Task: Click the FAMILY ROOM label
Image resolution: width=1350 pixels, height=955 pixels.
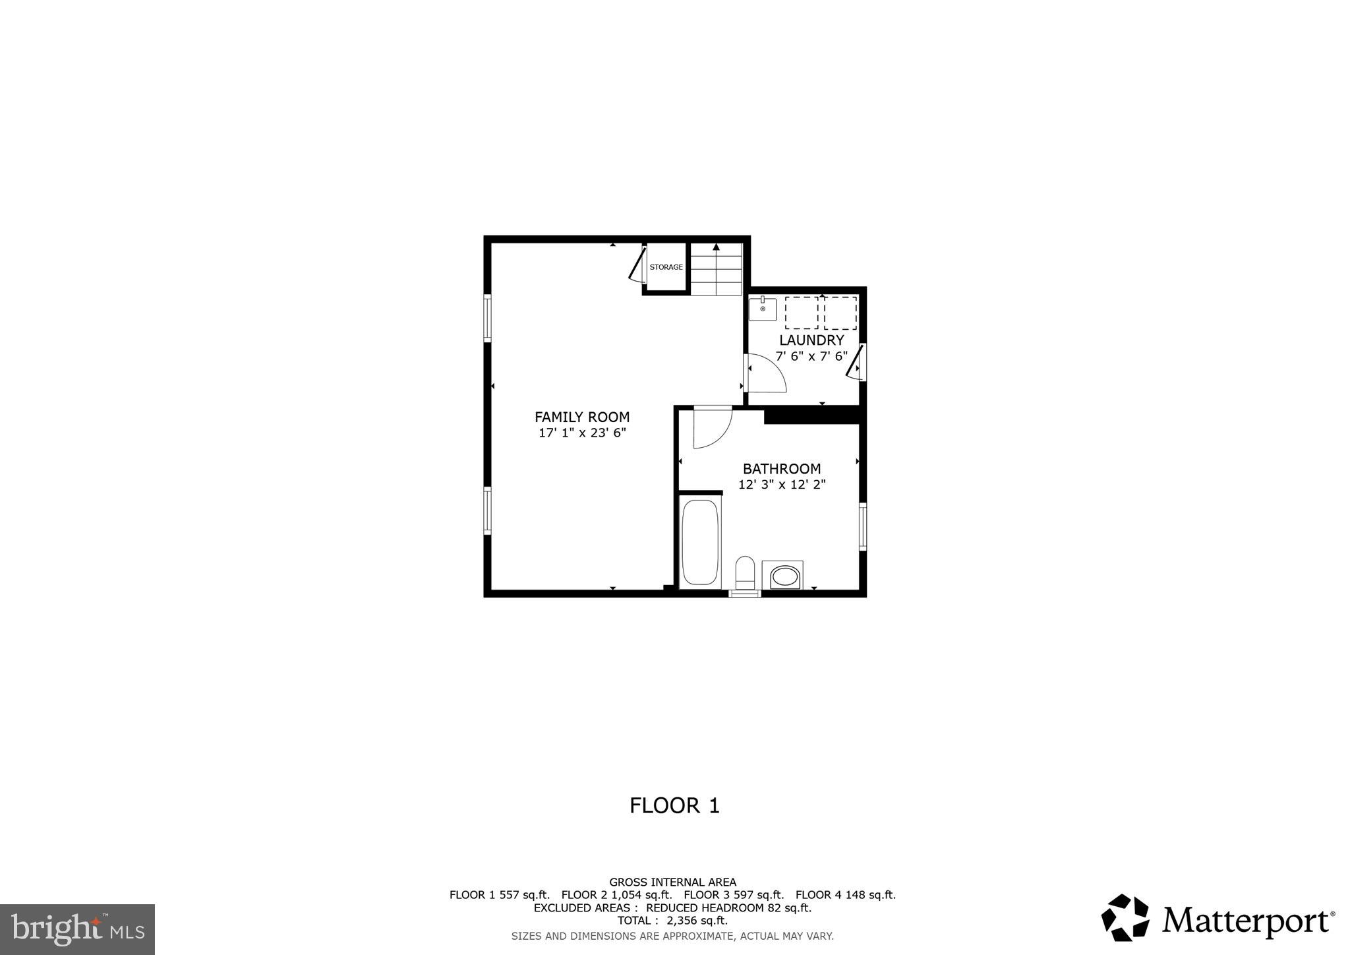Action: [x=581, y=417]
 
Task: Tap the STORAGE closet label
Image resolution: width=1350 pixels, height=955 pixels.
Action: [x=666, y=267]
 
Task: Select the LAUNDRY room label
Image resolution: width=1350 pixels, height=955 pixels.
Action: [x=811, y=340]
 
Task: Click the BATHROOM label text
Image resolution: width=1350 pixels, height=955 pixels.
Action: [x=782, y=469]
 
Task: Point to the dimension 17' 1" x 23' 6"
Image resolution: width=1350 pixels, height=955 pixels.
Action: [x=581, y=433]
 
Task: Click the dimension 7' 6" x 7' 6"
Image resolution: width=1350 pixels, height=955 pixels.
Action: [x=811, y=356]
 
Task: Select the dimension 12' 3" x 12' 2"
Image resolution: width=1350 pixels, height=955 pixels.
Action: [x=782, y=485]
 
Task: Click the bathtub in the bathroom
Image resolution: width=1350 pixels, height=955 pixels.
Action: [x=699, y=542]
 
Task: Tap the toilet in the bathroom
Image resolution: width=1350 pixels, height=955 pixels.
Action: [x=745, y=572]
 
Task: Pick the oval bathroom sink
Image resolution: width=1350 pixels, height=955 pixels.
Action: [x=784, y=577]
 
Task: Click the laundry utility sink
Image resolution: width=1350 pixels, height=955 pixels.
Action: [x=763, y=309]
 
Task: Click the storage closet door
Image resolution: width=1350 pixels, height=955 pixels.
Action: [x=637, y=265]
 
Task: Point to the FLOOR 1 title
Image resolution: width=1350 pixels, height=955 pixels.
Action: [x=674, y=805]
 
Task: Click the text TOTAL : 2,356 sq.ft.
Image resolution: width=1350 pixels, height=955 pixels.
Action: [x=672, y=921]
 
